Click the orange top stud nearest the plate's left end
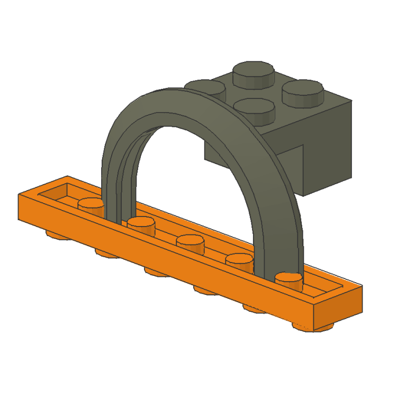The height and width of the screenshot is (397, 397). click(x=90, y=204)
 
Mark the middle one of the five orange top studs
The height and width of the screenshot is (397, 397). click(x=191, y=242)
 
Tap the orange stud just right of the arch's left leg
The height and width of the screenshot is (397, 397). click(x=141, y=223)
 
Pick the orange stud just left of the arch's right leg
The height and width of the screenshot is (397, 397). click(x=240, y=260)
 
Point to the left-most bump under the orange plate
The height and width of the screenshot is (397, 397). click(x=56, y=233)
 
